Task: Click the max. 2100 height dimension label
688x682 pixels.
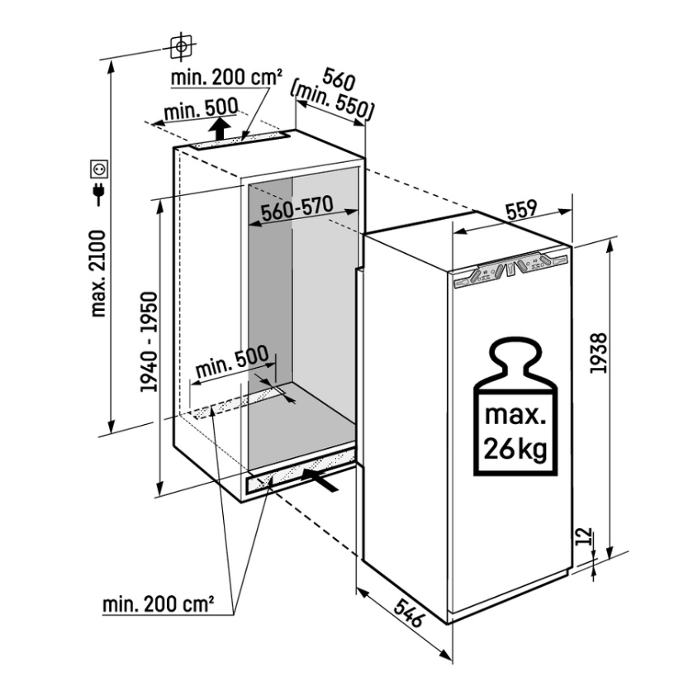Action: (99, 273)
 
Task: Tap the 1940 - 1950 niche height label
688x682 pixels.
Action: (149, 341)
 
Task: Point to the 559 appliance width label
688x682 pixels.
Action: (521, 209)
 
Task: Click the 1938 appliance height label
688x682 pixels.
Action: (598, 353)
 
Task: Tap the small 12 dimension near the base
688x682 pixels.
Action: (583, 537)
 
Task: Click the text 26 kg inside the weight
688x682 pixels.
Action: (515, 448)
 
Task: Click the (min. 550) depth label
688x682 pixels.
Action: (332, 103)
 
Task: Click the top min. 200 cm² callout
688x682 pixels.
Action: (226, 78)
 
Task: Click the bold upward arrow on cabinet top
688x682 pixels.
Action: (219, 128)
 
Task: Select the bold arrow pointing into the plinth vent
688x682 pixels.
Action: (320, 479)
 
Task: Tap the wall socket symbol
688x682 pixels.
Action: (99, 169)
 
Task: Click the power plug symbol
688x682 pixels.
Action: (99, 193)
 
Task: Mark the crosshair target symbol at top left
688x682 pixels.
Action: (181, 45)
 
